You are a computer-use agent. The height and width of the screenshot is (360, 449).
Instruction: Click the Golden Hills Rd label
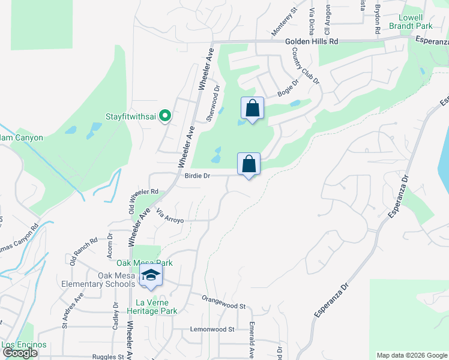312,41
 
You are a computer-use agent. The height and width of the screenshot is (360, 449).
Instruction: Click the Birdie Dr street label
197,176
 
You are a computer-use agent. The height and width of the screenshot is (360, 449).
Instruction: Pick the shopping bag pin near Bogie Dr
252,109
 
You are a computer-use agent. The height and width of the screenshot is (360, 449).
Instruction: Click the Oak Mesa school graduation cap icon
151,275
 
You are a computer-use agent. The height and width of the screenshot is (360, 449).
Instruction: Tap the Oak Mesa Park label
144,263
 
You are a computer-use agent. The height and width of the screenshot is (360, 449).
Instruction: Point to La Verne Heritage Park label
152,307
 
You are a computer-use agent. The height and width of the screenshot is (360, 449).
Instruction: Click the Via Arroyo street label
169,216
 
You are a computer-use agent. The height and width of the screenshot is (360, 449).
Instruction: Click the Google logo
20,353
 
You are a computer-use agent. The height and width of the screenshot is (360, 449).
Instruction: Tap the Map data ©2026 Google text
411,355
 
